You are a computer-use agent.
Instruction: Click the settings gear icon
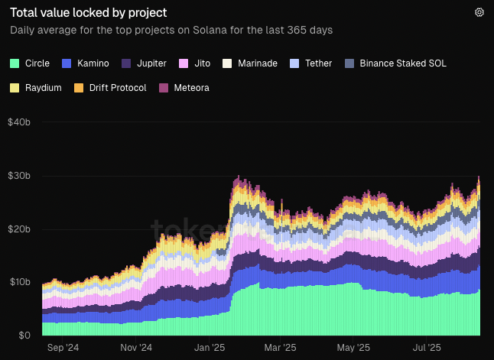pyautogui.click(x=479, y=12)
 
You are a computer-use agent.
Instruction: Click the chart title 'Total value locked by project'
pyautogui.click(x=88, y=13)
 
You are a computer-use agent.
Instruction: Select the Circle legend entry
pyautogui.click(x=31, y=63)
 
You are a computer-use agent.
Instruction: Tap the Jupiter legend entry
pyautogui.click(x=144, y=63)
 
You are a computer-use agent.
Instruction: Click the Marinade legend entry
pyautogui.click(x=251, y=63)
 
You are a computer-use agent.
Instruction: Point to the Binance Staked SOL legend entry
pyautogui.click(x=396, y=63)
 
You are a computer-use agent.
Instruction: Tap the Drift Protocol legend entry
pyautogui.click(x=110, y=88)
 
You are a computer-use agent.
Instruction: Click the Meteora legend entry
pyautogui.click(x=184, y=88)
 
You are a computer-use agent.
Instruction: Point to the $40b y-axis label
pyautogui.click(x=19, y=122)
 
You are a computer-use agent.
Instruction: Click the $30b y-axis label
pyautogui.click(x=19, y=176)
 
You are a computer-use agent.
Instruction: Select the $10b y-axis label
pyautogui.click(x=19, y=282)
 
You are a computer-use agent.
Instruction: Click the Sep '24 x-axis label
pyautogui.click(x=63, y=348)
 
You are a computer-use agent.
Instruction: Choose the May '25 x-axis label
pyautogui.click(x=353, y=348)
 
